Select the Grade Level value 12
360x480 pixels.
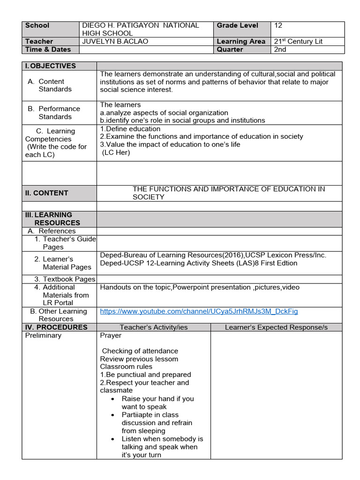[x=278, y=25]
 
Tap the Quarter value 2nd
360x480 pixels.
[x=280, y=49]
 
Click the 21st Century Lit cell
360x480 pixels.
[x=298, y=41]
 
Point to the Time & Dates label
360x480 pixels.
[x=48, y=49]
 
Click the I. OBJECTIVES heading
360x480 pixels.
[x=50, y=66]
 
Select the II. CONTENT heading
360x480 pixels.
[x=46, y=193]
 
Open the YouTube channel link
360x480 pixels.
[x=199, y=311]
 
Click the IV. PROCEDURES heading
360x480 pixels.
[x=56, y=327]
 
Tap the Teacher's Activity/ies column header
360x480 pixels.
[x=154, y=327]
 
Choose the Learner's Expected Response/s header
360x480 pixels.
[x=276, y=327]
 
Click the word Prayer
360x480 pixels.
[x=111, y=336]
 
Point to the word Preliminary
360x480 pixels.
[x=43, y=336]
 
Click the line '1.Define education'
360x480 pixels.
[x=124, y=128]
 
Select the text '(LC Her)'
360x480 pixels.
[x=116, y=152]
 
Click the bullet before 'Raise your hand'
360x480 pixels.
[x=113, y=399]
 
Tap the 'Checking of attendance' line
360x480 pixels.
[x=140, y=351]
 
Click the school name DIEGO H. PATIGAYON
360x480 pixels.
[x=141, y=25]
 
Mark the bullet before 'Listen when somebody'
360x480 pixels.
[x=113, y=439]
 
